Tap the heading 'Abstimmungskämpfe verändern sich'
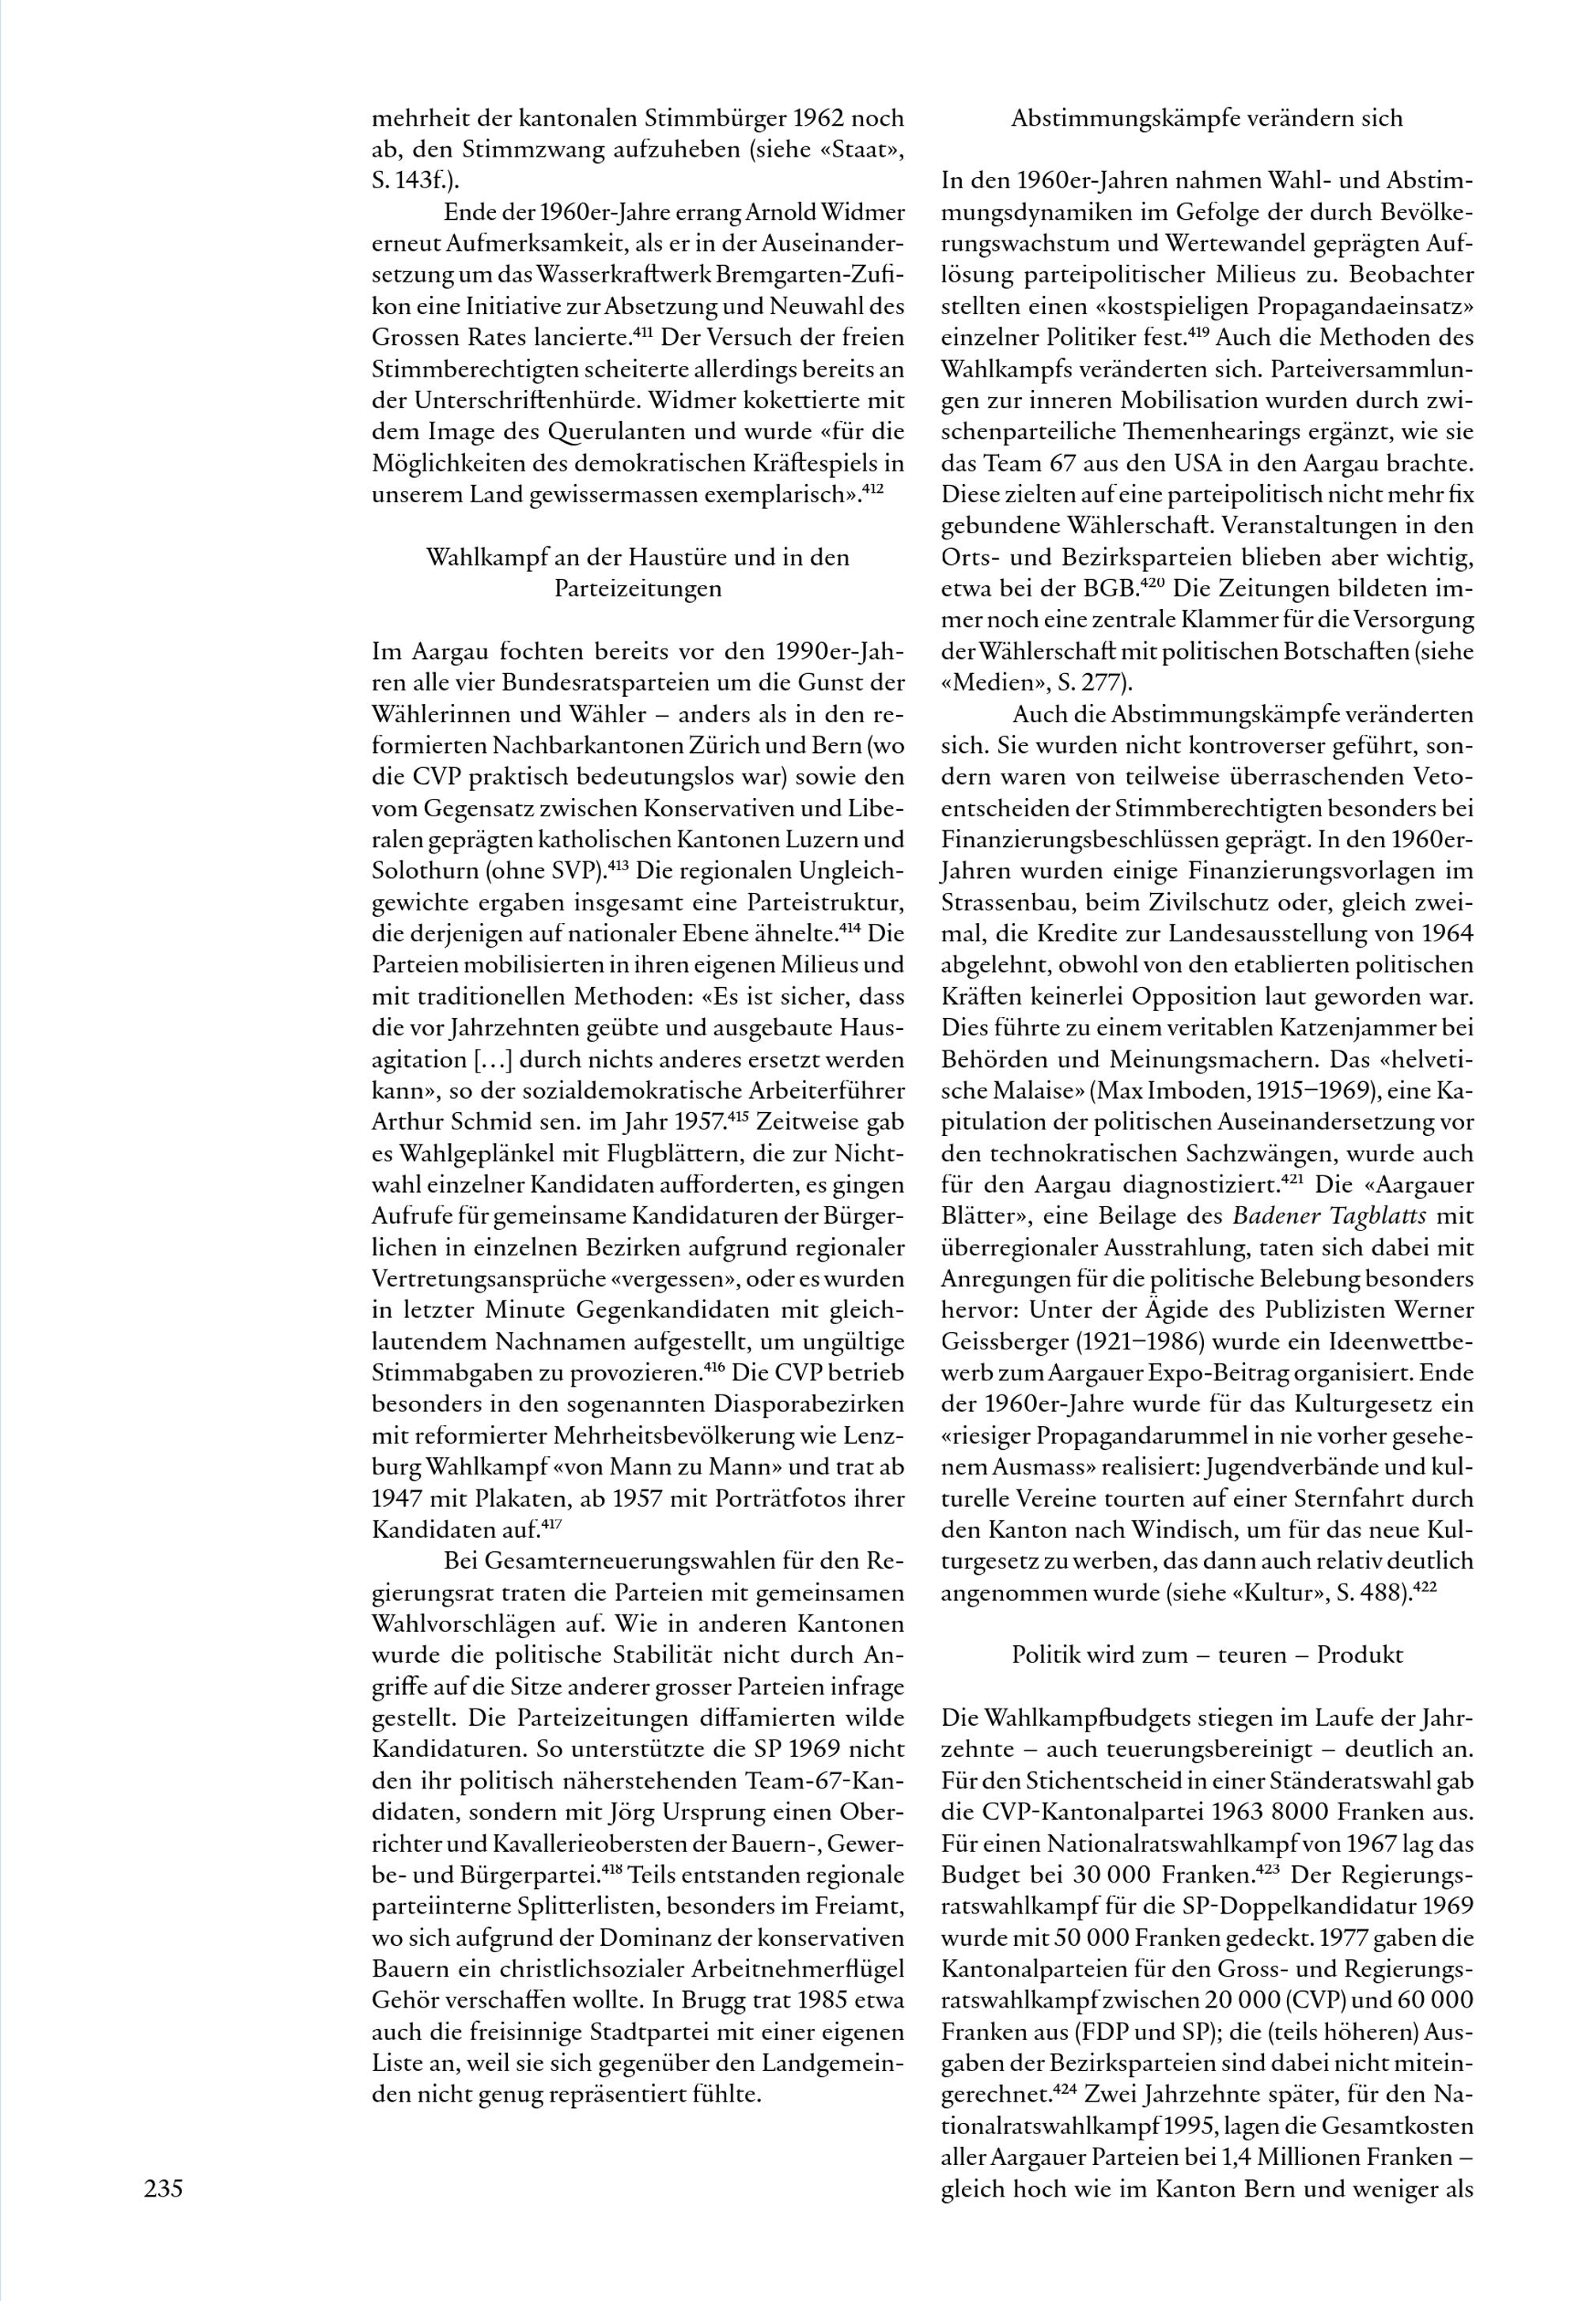coord(1206,119)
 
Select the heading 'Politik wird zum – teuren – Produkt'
coord(1206,1655)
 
